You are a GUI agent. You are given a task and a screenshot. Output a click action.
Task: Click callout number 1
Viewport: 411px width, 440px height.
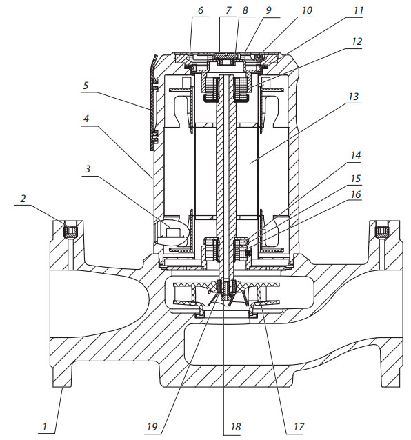point(44,426)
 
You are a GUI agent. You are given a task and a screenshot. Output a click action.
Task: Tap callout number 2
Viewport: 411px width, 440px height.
point(23,199)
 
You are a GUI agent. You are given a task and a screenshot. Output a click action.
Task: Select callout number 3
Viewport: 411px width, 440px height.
point(88,169)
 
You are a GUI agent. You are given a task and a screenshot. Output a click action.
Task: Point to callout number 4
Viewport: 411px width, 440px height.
point(86,119)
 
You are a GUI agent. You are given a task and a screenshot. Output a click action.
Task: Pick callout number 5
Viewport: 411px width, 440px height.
point(86,86)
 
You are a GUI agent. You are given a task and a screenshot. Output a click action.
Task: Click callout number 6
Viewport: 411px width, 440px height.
point(200,10)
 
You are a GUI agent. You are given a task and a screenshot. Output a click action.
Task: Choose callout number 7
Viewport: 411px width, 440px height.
point(228,10)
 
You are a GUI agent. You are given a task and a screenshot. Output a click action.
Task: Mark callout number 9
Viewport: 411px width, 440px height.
point(268,10)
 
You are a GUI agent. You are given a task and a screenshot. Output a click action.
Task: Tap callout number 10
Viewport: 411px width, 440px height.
point(307,10)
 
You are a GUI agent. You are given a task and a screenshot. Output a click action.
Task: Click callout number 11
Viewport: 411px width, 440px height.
point(359,10)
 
